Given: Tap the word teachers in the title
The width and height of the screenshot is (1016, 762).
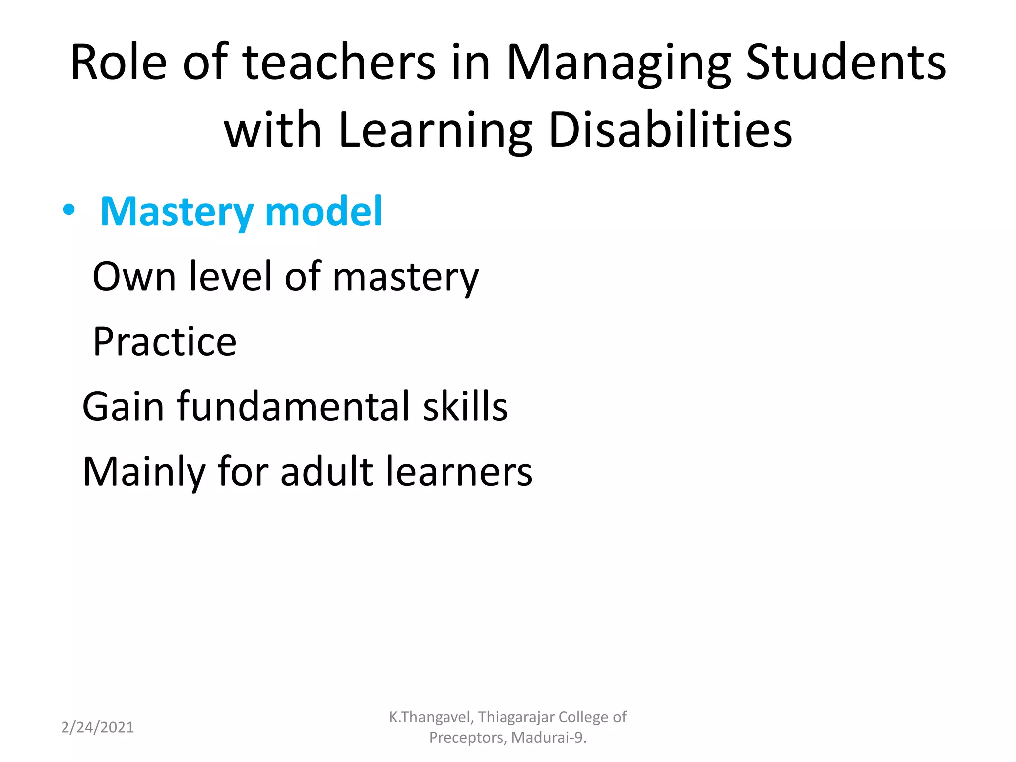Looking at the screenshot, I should pyautogui.click(x=339, y=63).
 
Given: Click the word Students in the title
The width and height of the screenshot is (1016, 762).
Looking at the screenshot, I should pyautogui.click(x=846, y=63).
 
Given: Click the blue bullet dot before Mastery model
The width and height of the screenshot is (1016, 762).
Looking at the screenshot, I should pyautogui.click(x=69, y=210).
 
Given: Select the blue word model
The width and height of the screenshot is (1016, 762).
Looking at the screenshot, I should pyautogui.click(x=323, y=211).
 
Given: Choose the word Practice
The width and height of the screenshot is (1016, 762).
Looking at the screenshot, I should pyautogui.click(x=165, y=342).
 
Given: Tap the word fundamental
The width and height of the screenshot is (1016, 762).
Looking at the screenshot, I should pyautogui.click(x=293, y=406).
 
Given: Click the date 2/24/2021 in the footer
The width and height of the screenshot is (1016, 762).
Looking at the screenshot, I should pyautogui.click(x=97, y=727).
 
